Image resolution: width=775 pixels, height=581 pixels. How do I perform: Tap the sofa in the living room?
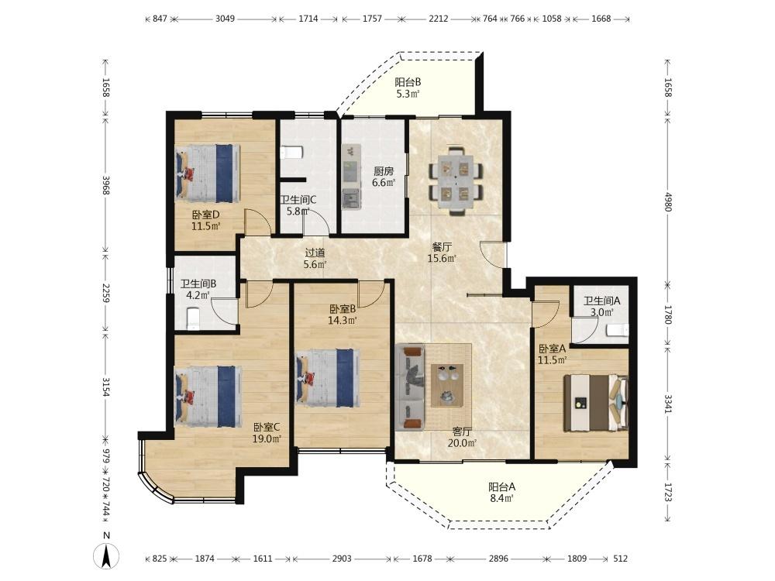pyautogui.click(x=410, y=387)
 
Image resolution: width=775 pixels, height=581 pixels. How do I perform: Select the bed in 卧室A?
pyautogui.click(x=596, y=403)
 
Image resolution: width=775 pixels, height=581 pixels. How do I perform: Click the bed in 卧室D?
pyautogui.click(x=208, y=173)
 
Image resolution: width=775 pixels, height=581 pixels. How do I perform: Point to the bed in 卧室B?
pyautogui.click(x=327, y=378)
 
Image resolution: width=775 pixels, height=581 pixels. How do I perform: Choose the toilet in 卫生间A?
pyautogui.click(x=618, y=330)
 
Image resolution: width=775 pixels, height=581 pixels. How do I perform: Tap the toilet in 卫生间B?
pyautogui.click(x=192, y=318)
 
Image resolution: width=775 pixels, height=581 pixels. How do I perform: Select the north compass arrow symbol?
pyautogui.click(x=106, y=555)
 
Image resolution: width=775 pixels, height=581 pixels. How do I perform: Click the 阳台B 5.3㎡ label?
pyautogui.click(x=408, y=88)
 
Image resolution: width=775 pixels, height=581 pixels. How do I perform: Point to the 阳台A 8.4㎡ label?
pyautogui.click(x=501, y=493)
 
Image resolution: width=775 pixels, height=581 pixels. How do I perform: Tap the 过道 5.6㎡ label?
pyautogui.click(x=315, y=258)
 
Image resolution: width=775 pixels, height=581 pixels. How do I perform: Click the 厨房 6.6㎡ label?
pyautogui.click(x=384, y=177)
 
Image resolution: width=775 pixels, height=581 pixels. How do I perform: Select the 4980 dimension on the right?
pyautogui.click(x=668, y=201)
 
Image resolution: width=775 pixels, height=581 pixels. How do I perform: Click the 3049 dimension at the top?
pyautogui.click(x=225, y=19)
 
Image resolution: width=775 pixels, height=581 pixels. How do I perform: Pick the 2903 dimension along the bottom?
pyautogui.click(x=342, y=559)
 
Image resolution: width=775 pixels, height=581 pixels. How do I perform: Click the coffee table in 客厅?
pyautogui.click(x=447, y=385)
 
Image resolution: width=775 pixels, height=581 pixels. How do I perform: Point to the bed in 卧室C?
pyautogui.click(x=208, y=396)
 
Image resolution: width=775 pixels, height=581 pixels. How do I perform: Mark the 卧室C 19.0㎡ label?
pyautogui.click(x=267, y=433)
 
